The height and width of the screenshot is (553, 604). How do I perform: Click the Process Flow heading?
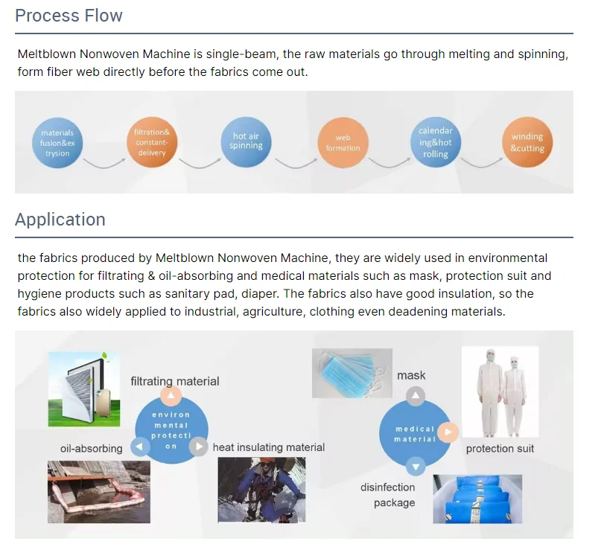69,16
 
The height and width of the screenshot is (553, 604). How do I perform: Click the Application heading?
60,220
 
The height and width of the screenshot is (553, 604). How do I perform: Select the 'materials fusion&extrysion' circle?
57,143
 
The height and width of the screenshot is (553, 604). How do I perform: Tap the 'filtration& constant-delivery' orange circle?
151,142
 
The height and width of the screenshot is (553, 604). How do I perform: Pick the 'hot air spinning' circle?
246,141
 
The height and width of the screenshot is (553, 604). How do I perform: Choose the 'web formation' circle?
343,143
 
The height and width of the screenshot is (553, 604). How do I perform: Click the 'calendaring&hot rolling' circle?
436,142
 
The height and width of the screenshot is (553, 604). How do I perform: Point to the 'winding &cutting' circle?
527,142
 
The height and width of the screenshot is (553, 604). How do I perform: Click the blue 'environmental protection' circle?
171,429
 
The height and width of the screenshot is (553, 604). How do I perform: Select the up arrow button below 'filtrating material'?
171,397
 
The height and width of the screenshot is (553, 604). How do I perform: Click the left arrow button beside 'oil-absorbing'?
140,447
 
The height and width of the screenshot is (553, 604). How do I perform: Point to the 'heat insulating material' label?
269,447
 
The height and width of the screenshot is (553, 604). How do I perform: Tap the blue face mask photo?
352,374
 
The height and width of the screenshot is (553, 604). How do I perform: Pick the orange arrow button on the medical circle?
447,432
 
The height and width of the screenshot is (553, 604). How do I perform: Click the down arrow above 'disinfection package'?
416,466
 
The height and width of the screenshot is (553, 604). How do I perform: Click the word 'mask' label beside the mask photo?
411,375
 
